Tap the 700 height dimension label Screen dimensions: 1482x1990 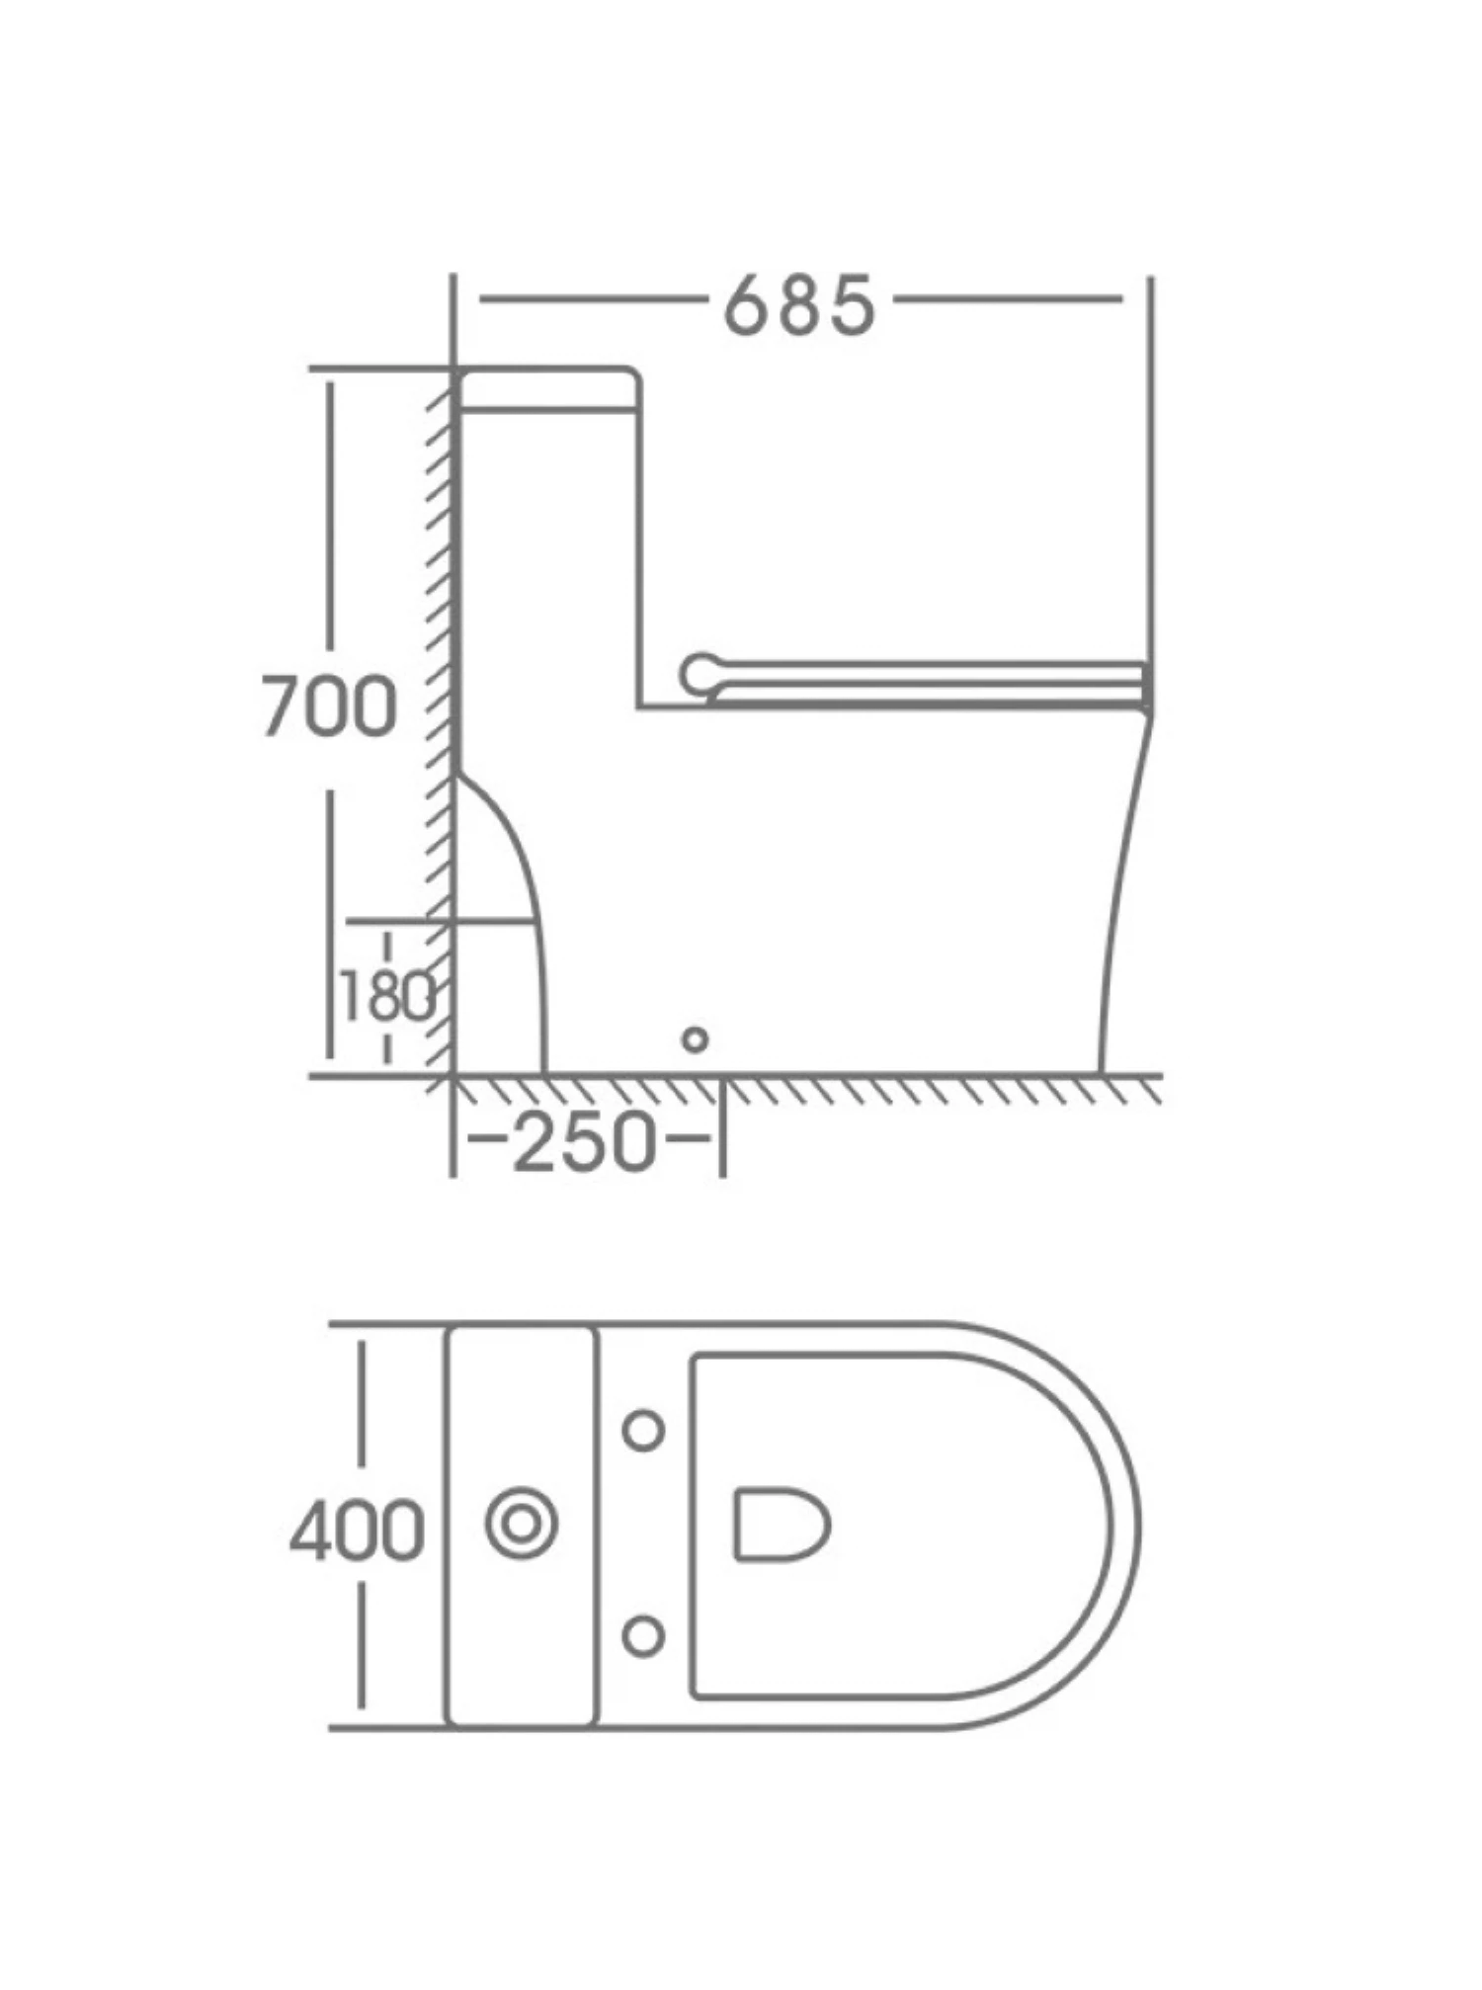(x=329, y=707)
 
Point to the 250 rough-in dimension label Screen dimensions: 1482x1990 (x=585, y=1142)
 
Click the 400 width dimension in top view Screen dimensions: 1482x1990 (x=357, y=1531)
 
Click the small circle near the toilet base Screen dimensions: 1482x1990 (x=696, y=1039)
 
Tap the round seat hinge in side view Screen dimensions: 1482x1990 (x=700, y=676)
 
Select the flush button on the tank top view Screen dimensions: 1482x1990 (x=521, y=1523)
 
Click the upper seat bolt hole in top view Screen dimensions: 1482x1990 (x=644, y=1430)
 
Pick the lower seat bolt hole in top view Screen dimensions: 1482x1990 (x=644, y=1636)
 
